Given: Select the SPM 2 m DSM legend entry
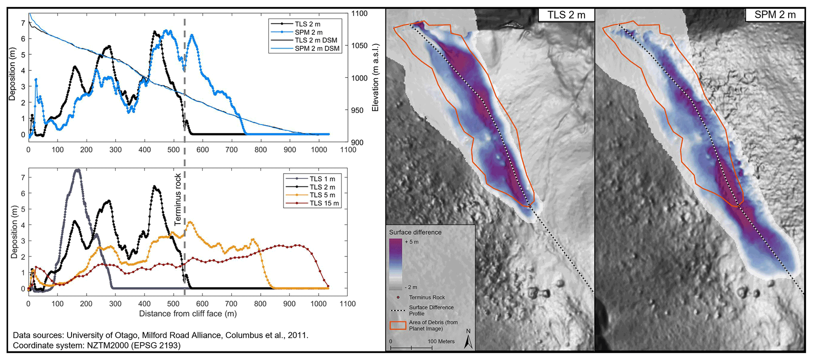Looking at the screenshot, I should coord(316,49).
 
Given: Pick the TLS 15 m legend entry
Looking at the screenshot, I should coord(324,203).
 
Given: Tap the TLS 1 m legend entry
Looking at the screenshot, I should coord(322,179).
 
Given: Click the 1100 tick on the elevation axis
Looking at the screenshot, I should coord(359,13).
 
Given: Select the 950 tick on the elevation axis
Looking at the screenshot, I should coord(358,111).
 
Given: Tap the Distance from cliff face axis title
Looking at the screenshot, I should coord(188,314).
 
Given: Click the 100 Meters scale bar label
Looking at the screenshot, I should coord(441,342).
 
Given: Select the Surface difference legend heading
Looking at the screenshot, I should coord(415,233).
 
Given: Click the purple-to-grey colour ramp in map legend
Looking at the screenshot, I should coord(395,264).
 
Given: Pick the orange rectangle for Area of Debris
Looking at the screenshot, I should coord(398,325).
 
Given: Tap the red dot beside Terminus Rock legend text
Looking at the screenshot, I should coord(398,297).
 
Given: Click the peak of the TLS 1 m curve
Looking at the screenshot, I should coord(77,170).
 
